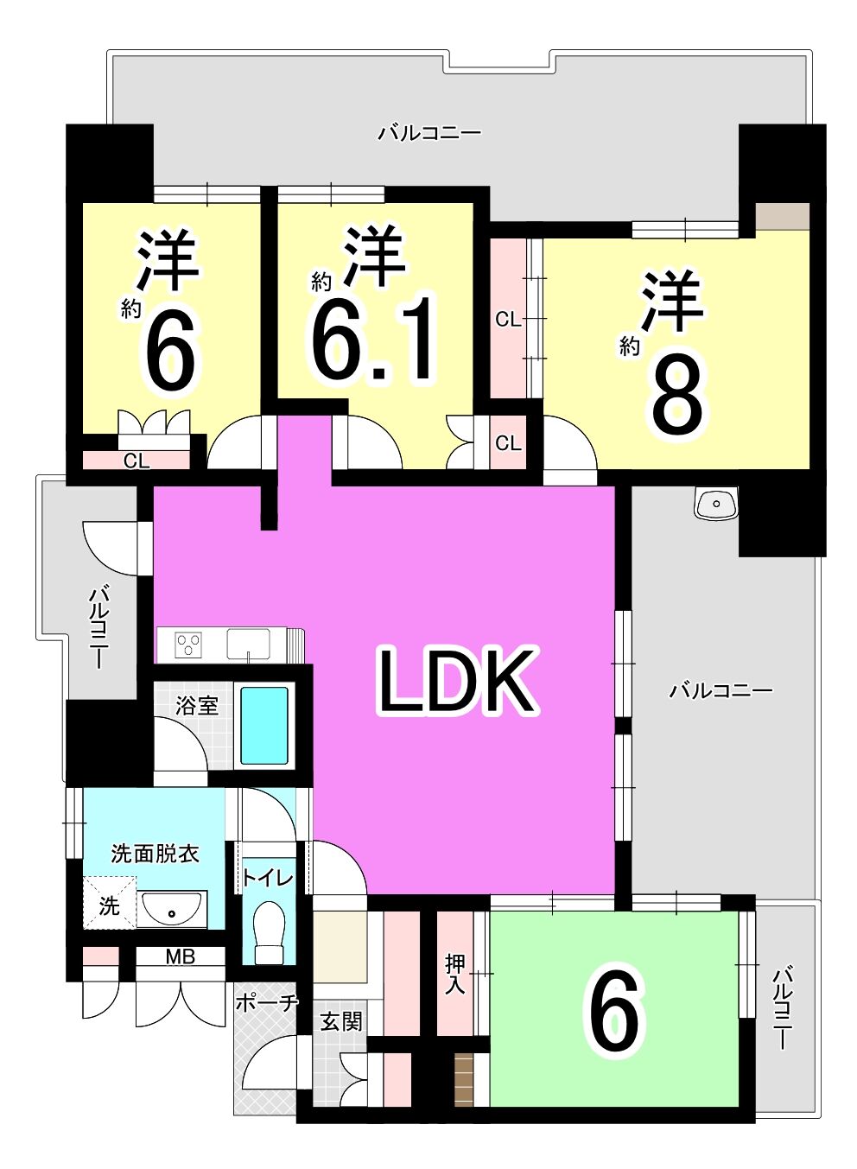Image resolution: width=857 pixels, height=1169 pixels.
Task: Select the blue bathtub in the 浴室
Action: pos(264,725)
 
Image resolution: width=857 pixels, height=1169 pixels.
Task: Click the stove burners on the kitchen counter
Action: pos(188,644)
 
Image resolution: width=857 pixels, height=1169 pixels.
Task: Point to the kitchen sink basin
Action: pos(248,644)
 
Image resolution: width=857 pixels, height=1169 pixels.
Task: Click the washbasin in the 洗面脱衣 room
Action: pos(172,909)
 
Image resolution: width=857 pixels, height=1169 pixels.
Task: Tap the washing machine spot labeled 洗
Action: pos(109,907)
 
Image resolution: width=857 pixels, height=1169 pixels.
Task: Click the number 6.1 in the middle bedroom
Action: pos(372,340)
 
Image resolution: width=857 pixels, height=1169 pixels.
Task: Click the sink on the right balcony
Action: pos(715,504)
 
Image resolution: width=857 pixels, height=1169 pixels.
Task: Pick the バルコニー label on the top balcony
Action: pos(429,133)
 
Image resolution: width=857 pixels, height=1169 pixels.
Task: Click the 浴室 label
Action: pos(197,706)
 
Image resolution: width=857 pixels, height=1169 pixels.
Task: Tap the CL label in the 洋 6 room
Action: pos(136,461)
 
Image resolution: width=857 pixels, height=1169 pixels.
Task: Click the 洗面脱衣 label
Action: pos(155,855)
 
